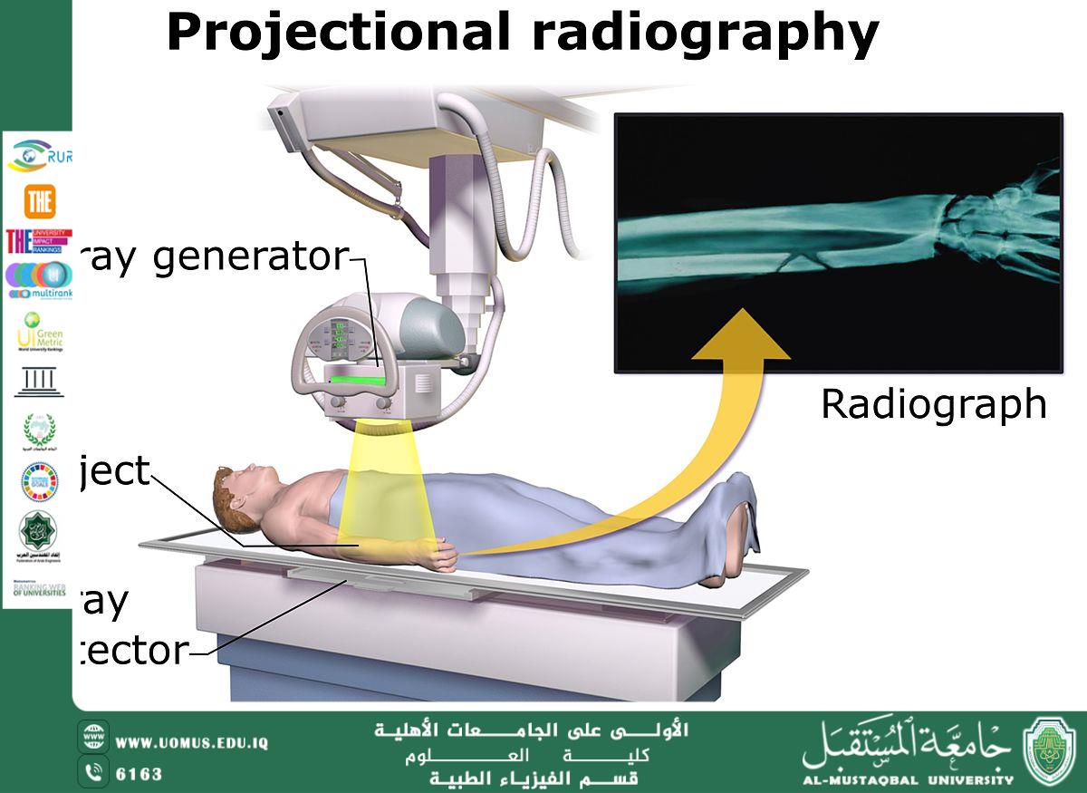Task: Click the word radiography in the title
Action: (x=705, y=34)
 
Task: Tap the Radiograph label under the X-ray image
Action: (x=933, y=404)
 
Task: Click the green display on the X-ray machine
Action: (x=356, y=381)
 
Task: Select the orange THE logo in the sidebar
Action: (x=40, y=202)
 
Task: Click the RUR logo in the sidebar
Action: (x=40, y=157)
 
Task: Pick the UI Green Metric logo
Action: (x=40, y=333)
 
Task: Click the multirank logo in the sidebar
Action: (x=38, y=280)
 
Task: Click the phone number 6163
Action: (x=139, y=774)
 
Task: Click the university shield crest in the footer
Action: (x=1050, y=751)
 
